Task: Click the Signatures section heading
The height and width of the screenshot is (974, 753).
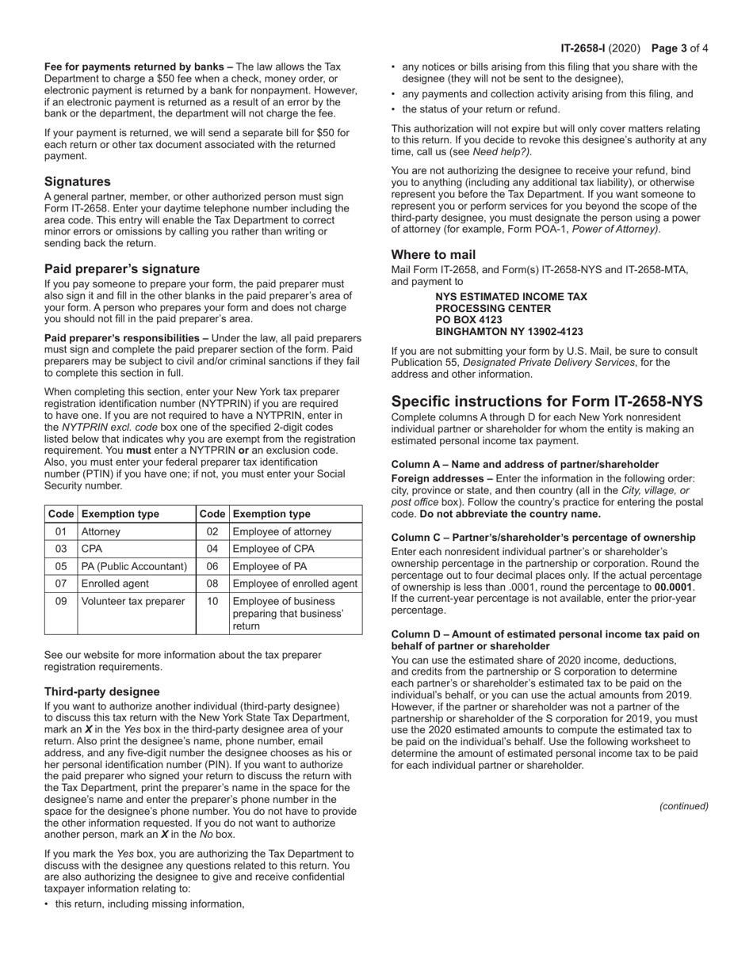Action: click(77, 181)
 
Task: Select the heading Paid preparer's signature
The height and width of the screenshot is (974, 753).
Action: click(121, 268)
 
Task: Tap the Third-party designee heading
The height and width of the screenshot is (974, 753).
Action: click(101, 691)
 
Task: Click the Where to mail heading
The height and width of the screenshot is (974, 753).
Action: click(433, 254)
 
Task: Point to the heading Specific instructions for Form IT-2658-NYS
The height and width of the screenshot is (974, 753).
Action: click(547, 401)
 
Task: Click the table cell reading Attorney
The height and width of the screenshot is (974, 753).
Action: click(101, 531)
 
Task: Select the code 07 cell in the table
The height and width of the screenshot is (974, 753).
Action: click(61, 584)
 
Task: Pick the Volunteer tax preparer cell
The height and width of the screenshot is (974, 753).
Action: click(132, 601)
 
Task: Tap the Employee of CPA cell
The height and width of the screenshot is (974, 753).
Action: click(273, 549)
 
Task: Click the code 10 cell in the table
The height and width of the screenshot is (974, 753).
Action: click(212, 601)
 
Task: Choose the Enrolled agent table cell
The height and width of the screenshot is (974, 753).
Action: click(115, 584)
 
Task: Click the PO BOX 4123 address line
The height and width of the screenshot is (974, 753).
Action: click(468, 320)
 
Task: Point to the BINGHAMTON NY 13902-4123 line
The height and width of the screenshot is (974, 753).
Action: click(509, 332)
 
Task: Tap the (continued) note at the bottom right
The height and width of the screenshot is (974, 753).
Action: click(683, 806)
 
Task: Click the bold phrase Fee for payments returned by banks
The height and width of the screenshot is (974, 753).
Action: click(138, 67)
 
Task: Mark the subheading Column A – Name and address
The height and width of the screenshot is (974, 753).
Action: click(525, 464)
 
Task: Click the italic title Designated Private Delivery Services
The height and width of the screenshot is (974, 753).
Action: click(545, 363)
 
